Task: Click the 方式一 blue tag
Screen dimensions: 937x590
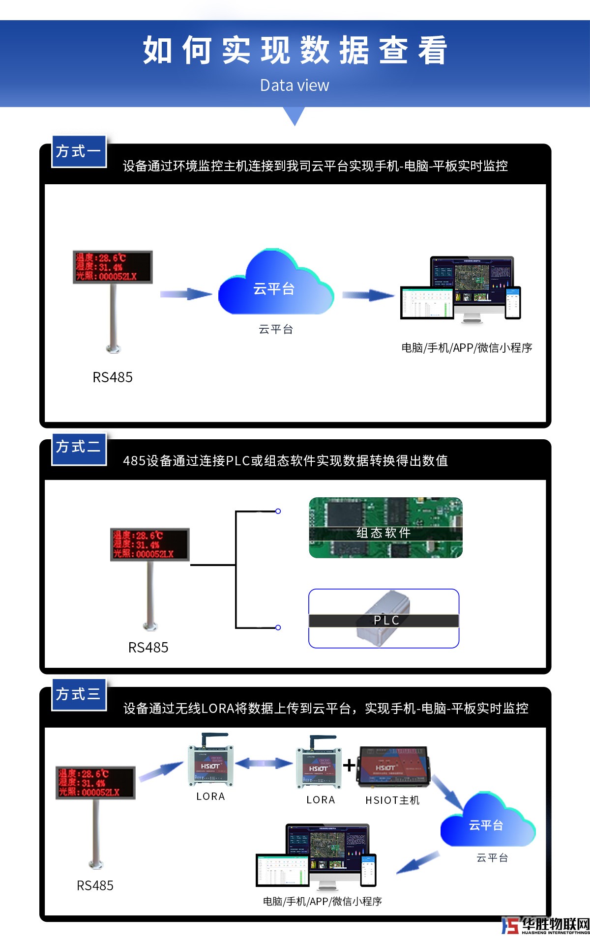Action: [79, 151]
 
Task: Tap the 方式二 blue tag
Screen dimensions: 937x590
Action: [79, 447]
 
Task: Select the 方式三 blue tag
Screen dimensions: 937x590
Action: [79, 694]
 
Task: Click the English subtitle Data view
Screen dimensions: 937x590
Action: [295, 85]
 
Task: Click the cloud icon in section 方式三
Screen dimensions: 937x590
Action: [487, 821]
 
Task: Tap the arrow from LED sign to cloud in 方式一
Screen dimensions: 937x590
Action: [186, 294]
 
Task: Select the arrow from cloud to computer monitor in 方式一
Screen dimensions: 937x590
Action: [368, 295]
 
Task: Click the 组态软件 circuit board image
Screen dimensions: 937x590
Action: [385, 528]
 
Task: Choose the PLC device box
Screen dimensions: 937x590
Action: [383, 619]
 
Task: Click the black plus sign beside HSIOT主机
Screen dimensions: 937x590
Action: [349, 765]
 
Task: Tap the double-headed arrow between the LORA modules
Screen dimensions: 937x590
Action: [264, 763]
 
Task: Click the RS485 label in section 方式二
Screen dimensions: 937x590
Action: [148, 648]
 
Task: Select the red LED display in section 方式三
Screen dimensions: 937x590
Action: [95, 782]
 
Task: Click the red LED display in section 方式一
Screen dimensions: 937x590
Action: [113, 267]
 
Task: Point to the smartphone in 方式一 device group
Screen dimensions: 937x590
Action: [513, 302]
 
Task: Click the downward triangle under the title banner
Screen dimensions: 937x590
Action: [295, 116]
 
